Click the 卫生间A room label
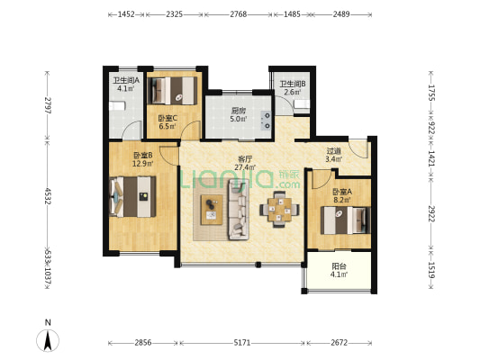pos(126,81)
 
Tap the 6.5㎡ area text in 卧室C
pos(168,126)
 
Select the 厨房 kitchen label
pos(239,111)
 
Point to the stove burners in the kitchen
pos(266,121)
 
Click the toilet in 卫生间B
pos(302,104)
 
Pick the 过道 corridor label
pos(334,151)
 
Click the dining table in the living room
pos(279,210)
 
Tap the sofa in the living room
pos(239,210)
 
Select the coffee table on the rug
pos(212,210)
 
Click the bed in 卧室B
pos(132,197)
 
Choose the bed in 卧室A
pos(346,220)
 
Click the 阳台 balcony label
pos(339,266)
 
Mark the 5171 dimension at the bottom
pos(242,343)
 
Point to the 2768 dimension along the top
pos(239,14)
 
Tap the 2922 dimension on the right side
pos(431,213)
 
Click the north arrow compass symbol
pos(48,340)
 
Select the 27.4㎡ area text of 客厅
pos(245,167)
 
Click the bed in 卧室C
pos(172,91)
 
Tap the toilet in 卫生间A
pos(117,106)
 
